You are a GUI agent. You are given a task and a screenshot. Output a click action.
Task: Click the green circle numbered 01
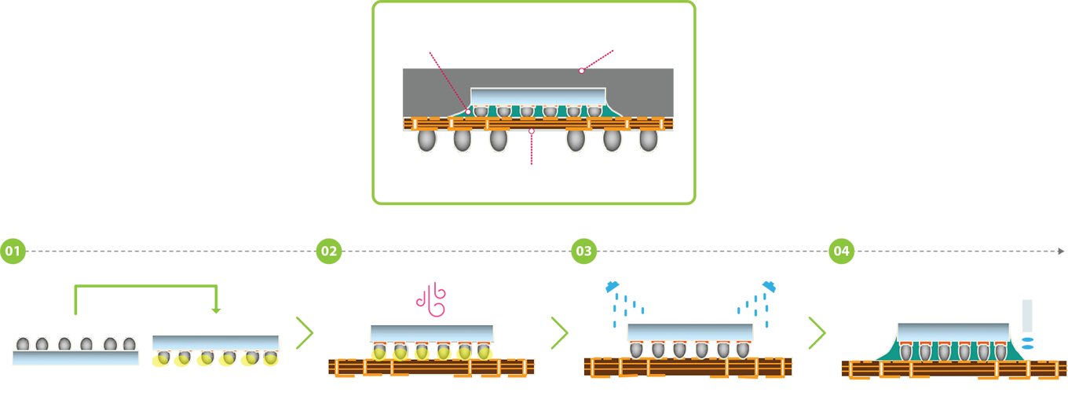(x=13, y=251)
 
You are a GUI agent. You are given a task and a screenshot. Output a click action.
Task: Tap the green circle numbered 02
(x=329, y=251)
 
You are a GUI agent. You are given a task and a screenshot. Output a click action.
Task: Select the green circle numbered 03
(x=584, y=251)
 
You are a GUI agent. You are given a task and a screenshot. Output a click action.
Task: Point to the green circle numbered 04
(x=842, y=251)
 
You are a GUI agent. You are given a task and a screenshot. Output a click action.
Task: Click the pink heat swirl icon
(x=431, y=299)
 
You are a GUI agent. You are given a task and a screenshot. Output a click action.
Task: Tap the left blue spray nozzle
(x=613, y=286)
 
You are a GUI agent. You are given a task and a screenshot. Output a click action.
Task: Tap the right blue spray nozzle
(x=769, y=286)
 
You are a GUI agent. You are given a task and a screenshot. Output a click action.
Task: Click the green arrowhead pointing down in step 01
(x=216, y=311)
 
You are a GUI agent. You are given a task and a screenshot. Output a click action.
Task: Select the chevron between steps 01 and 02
(x=305, y=332)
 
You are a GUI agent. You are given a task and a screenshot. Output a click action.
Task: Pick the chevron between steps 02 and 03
(x=560, y=332)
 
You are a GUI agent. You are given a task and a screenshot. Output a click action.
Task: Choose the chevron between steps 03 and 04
(x=817, y=332)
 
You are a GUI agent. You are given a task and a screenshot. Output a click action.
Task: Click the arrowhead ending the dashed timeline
(x=1061, y=251)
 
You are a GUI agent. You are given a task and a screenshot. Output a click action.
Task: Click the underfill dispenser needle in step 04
(x=1027, y=316)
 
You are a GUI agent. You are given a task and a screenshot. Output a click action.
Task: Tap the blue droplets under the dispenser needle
(x=1028, y=343)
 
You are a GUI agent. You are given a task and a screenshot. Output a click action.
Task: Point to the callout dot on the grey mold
(x=582, y=71)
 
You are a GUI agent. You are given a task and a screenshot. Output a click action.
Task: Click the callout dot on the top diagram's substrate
(x=532, y=130)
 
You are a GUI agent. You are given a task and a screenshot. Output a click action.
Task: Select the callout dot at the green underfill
(x=468, y=112)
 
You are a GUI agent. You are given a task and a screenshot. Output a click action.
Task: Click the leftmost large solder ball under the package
(x=426, y=141)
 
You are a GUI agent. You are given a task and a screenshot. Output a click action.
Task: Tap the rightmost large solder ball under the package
(x=649, y=141)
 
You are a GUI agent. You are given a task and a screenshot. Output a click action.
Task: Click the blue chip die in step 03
(x=690, y=332)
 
